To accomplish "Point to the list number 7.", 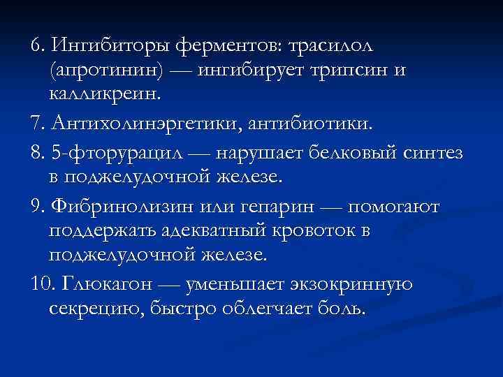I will [x=36, y=125].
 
